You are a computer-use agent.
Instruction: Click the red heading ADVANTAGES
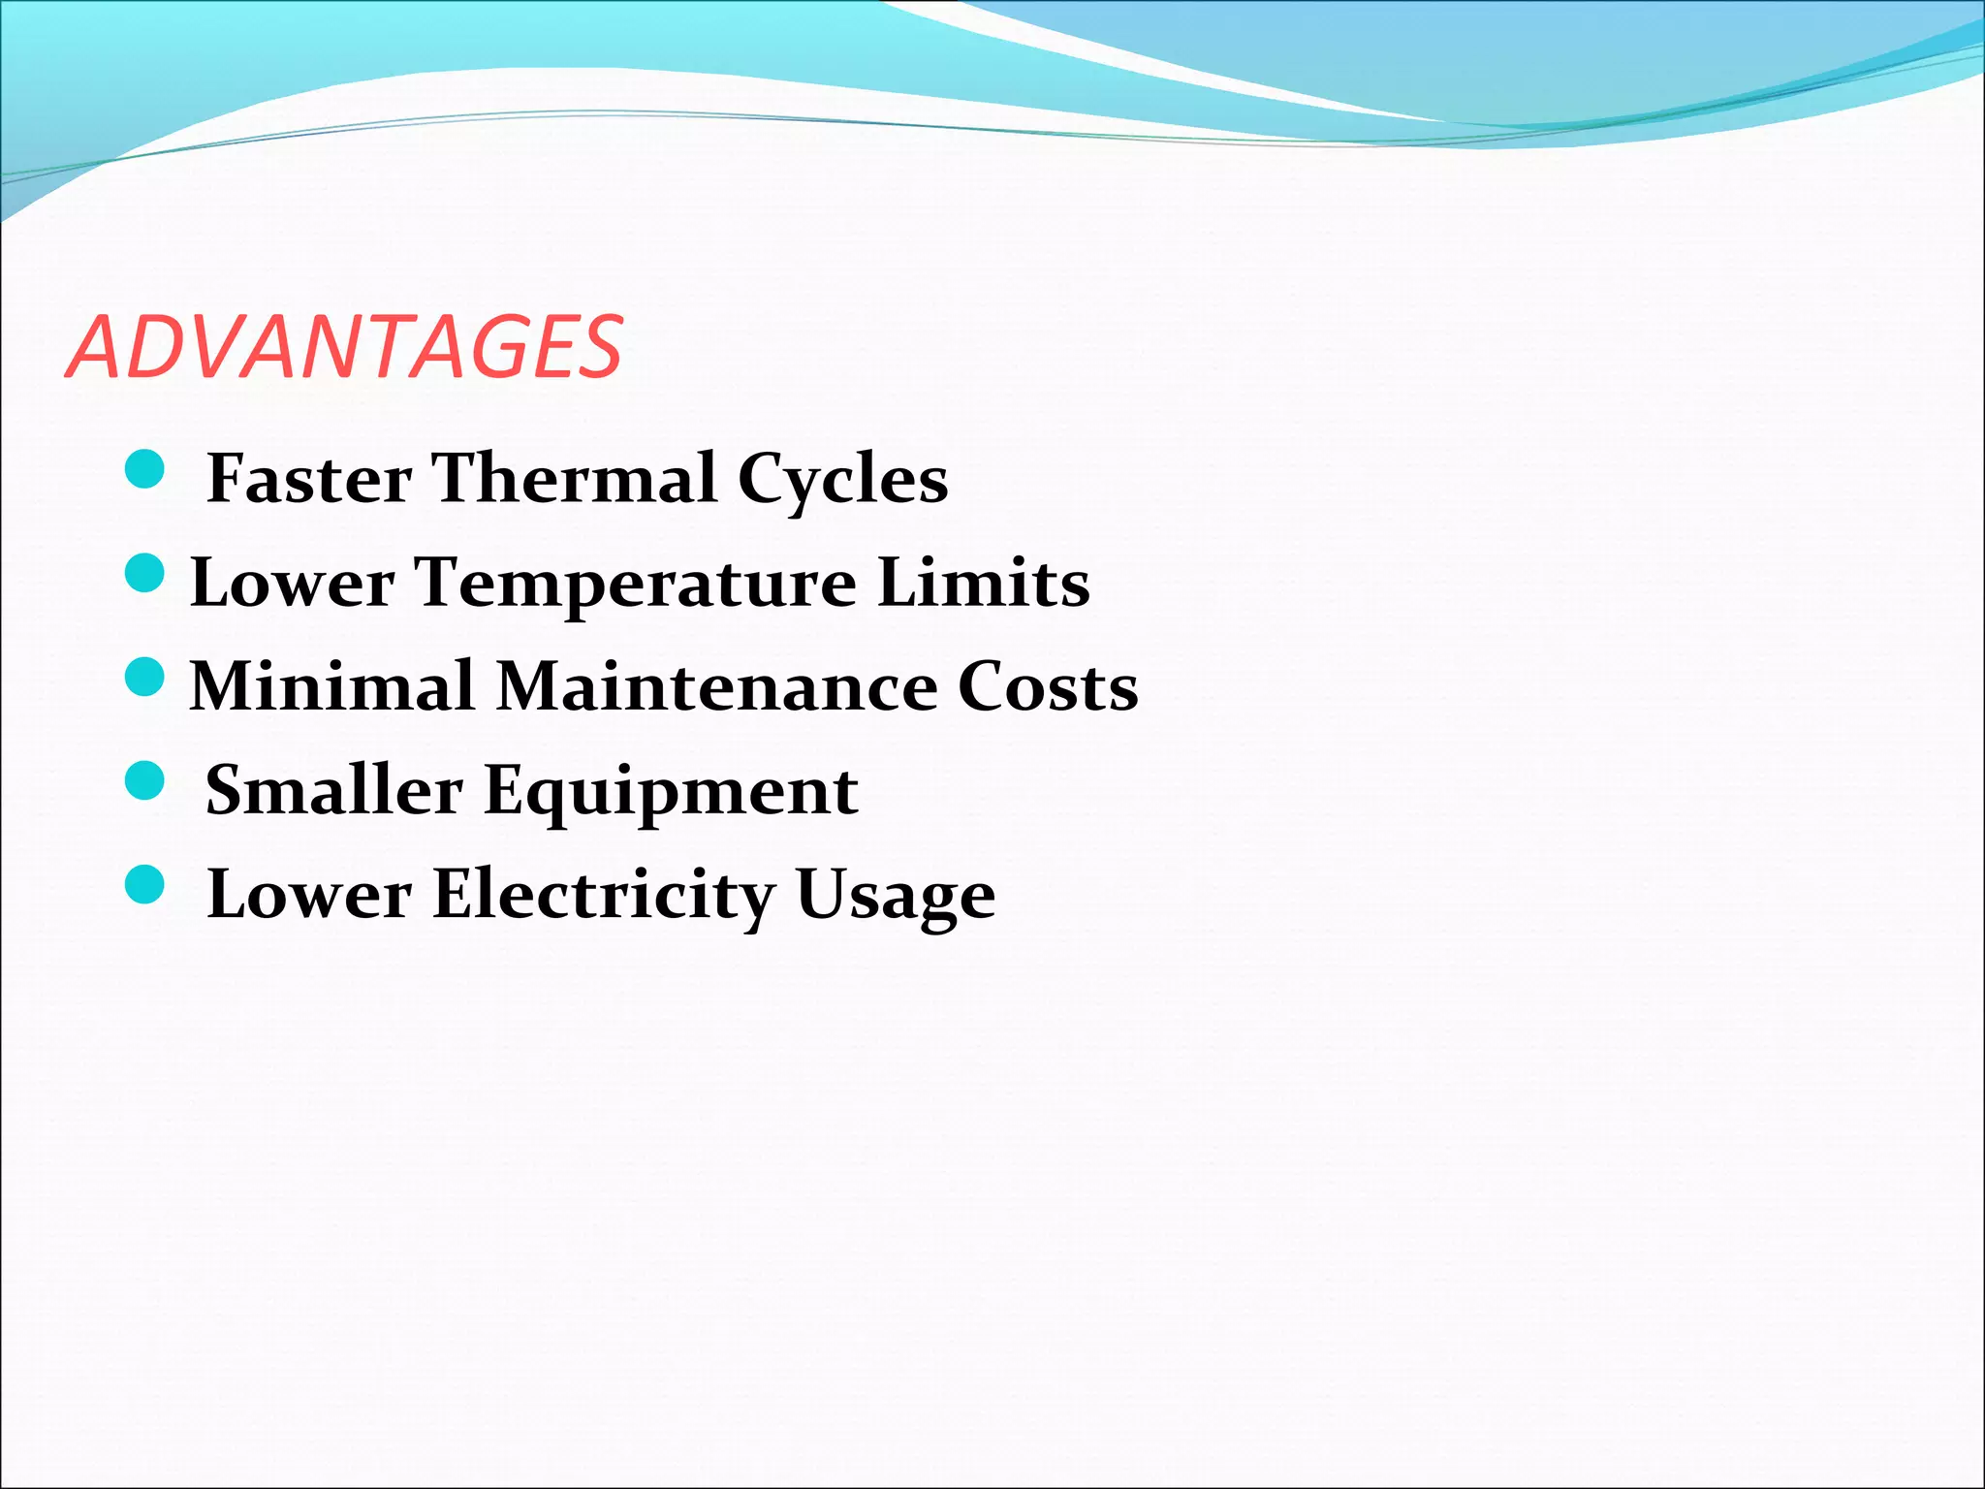click(345, 347)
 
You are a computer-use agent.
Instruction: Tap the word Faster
click(309, 478)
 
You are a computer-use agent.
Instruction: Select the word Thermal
click(575, 478)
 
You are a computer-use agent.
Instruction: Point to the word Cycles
click(842, 480)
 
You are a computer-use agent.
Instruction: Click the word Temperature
click(636, 584)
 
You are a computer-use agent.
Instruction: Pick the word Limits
click(983, 583)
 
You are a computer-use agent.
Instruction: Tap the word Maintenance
click(716, 686)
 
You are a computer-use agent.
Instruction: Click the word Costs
click(1048, 686)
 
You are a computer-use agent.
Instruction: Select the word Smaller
click(333, 790)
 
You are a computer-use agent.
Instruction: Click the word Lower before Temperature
click(293, 583)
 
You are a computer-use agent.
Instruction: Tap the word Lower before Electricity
click(309, 894)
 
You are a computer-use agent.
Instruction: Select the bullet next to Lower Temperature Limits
click(145, 573)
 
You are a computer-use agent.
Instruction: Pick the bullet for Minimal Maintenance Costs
click(145, 677)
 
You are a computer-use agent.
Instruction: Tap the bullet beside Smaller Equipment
click(145, 780)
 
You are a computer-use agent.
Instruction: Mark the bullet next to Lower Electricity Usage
click(145, 884)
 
